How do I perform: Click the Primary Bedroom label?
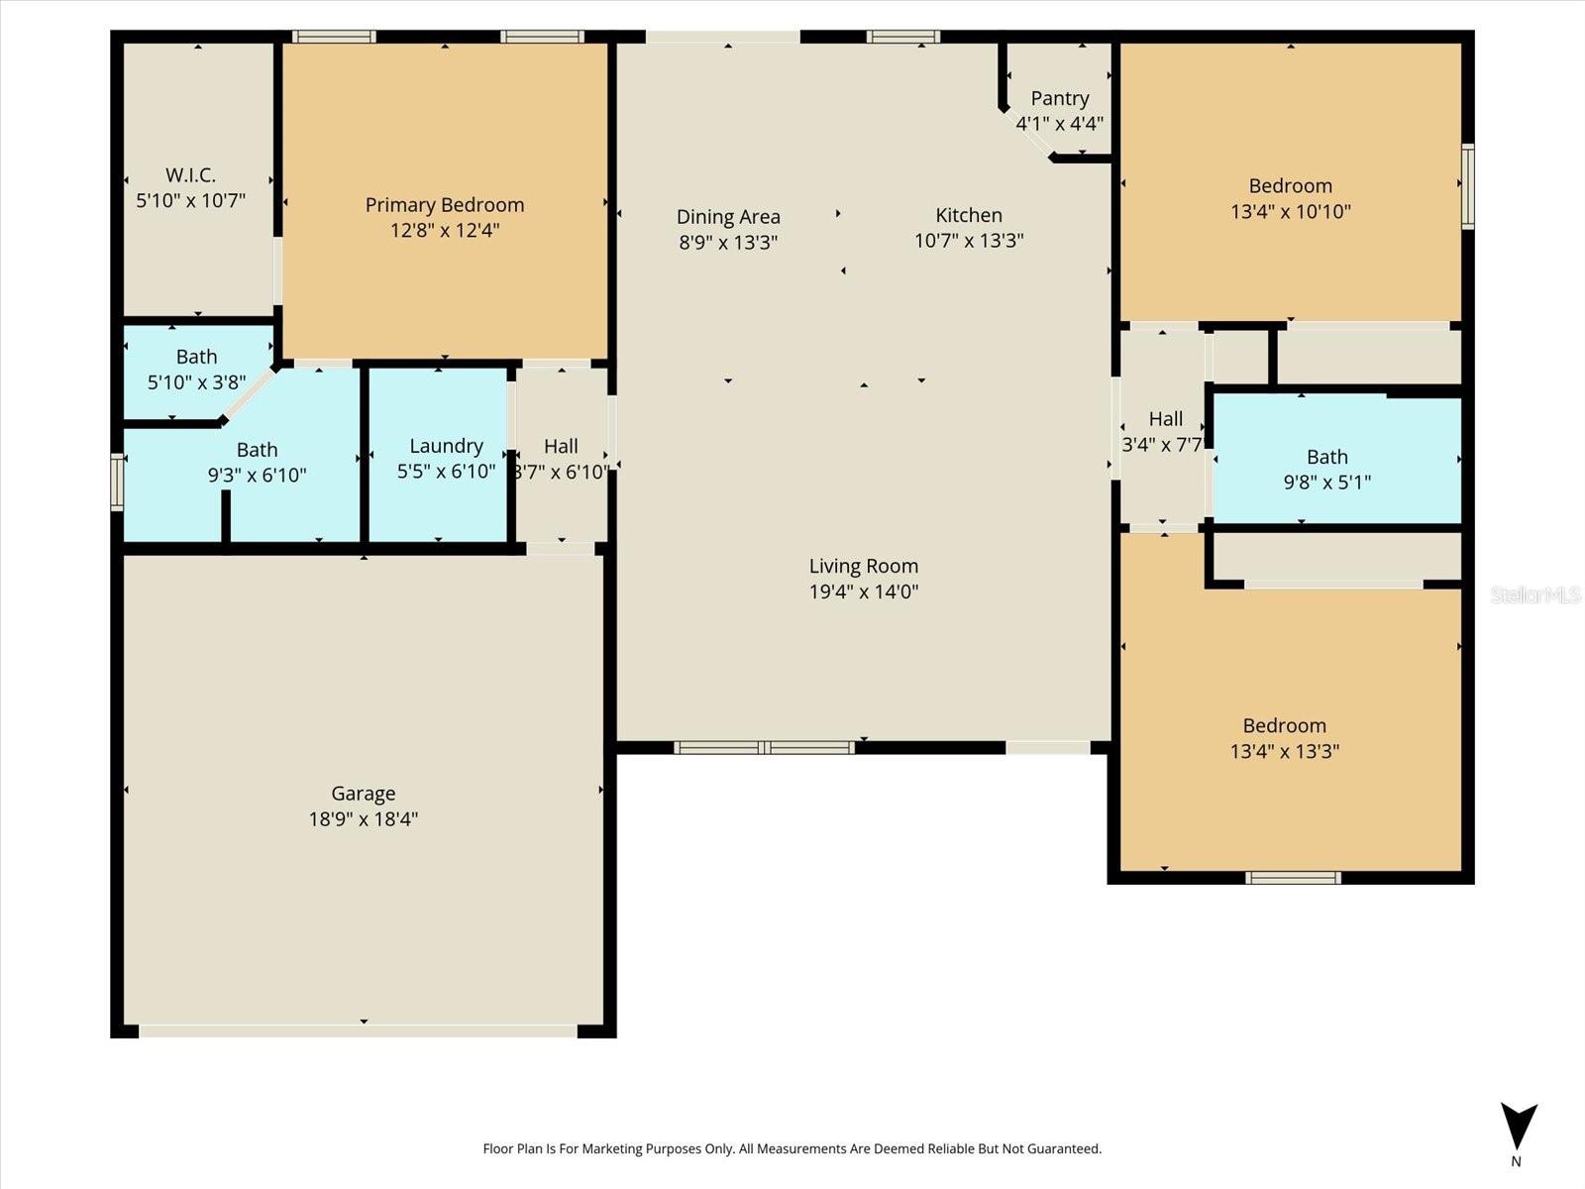444,205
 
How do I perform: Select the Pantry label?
1059,98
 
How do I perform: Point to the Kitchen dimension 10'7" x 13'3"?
968,241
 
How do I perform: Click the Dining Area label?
728,217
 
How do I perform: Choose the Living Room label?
863,566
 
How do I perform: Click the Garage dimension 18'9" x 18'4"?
363,819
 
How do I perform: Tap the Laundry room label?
446,446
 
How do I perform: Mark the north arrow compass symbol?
1517,1128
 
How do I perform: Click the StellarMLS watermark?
1535,594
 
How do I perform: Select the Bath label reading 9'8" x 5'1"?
1326,457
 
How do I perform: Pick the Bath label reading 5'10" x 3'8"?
196,357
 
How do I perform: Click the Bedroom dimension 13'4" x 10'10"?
1290,212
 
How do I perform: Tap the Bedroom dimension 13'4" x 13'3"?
1284,752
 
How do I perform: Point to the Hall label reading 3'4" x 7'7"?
1165,419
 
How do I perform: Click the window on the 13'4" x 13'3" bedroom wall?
1293,877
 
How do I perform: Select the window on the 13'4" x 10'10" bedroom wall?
1467,186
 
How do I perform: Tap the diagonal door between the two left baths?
248,393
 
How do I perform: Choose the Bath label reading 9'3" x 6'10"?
257,450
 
